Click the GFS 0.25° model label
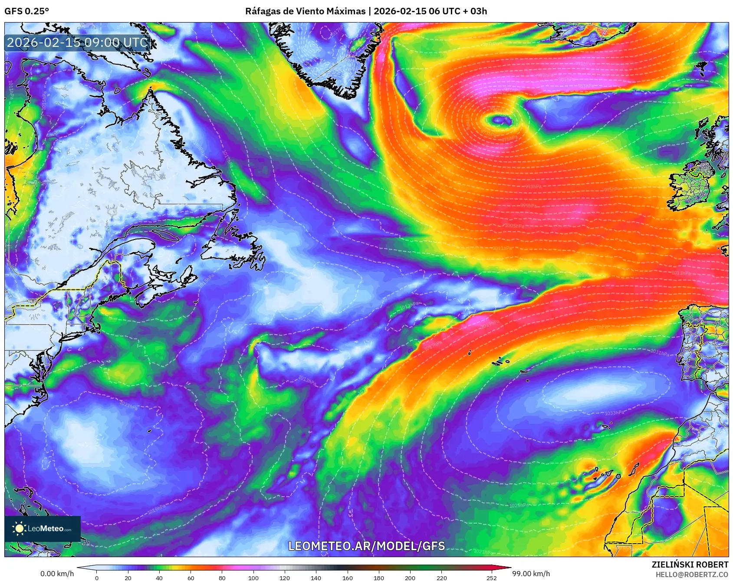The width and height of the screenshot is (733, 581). (x=26, y=11)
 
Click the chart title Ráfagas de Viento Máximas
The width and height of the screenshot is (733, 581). (x=305, y=11)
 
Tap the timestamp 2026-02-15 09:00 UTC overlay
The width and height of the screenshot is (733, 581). (x=78, y=43)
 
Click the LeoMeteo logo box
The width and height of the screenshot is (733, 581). (x=43, y=528)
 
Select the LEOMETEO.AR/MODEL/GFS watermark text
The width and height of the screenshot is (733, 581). (x=367, y=546)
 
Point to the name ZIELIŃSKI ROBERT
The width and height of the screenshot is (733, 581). (x=690, y=565)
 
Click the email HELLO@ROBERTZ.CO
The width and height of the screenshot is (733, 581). (x=691, y=574)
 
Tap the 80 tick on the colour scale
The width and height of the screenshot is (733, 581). (x=222, y=578)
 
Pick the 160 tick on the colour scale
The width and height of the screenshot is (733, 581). (x=347, y=578)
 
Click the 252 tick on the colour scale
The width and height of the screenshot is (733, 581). (x=491, y=578)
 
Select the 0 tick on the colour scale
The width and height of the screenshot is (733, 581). (x=97, y=578)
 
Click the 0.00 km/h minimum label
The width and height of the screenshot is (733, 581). (x=57, y=574)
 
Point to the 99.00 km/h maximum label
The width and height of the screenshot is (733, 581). (x=531, y=574)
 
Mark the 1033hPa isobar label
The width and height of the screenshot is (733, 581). (x=614, y=413)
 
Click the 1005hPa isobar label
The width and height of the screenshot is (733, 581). (x=514, y=226)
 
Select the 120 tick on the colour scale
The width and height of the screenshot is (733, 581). (x=285, y=578)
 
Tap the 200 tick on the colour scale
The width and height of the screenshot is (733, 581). (x=410, y=578)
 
